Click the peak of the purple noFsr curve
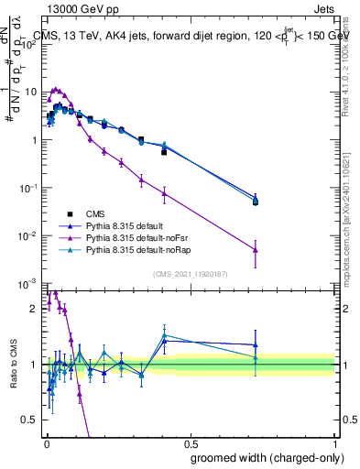pos(56,90)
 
